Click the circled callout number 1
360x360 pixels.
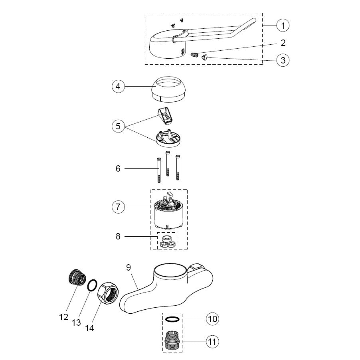coord(283,26)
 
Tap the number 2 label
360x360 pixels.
coord(283,42)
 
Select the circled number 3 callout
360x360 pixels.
coord(283,60)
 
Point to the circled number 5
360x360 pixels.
coord(118,127)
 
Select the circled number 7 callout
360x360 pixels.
coord(118,207)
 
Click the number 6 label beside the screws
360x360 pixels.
coord(118,169)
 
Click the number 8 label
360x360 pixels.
coord(118,236)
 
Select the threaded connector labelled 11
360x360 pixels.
coord(172,342)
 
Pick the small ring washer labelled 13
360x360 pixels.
coord(91,285)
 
